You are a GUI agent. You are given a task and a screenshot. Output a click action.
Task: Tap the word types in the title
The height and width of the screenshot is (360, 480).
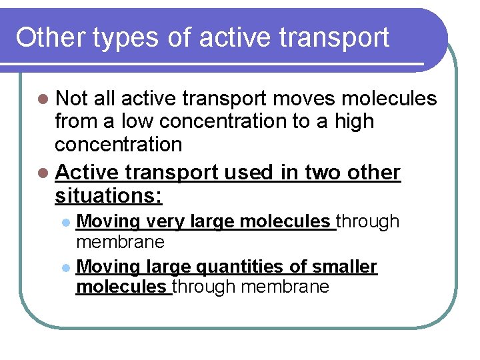point(130,39)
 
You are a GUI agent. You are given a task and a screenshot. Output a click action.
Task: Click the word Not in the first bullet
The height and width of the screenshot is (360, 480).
point(72,99)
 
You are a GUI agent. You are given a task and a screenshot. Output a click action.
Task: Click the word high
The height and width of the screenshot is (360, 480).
point(353,122)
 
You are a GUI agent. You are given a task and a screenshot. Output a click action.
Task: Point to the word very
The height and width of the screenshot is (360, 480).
point(166,222)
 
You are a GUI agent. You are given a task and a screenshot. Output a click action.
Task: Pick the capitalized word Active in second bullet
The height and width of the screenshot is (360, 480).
point(87,173)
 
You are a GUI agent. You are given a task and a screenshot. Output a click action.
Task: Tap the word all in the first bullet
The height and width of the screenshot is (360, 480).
point(105,99)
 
